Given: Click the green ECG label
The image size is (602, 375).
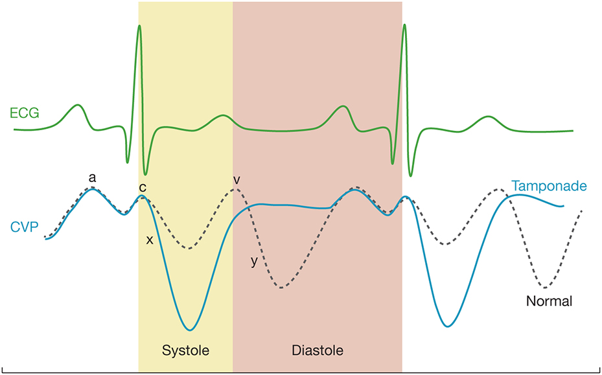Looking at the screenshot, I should (25, 113).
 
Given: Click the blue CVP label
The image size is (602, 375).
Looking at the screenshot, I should (24, 227).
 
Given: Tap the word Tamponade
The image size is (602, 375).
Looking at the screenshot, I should (549, 187).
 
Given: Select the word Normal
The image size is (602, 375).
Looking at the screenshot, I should (549, 301).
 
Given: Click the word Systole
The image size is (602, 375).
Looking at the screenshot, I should (186, 350).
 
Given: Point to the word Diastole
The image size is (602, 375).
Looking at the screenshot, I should (317, 350).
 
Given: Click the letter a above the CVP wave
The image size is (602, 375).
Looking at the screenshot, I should (93, 177).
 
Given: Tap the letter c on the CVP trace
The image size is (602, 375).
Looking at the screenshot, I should (142, 187).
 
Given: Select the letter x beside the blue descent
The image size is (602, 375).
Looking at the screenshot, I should (150, 240).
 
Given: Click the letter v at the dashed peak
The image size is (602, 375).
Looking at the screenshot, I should (237, 179).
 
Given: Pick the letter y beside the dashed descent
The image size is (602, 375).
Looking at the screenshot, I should (254, 262).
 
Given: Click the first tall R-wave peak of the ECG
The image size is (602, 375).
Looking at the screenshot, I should (139, 26).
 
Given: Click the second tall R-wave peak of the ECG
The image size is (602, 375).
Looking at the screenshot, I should (405, 25).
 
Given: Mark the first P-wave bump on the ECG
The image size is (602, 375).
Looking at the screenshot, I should (77, 105).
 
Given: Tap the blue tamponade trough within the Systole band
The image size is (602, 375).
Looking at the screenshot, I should (190, 330).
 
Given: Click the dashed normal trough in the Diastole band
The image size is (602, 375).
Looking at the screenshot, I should (281, 287).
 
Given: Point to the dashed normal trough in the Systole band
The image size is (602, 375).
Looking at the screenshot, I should (188, 249).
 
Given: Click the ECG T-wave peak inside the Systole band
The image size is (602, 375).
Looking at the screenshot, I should (224, 116).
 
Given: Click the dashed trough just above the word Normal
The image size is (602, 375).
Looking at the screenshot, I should (546, 287).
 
